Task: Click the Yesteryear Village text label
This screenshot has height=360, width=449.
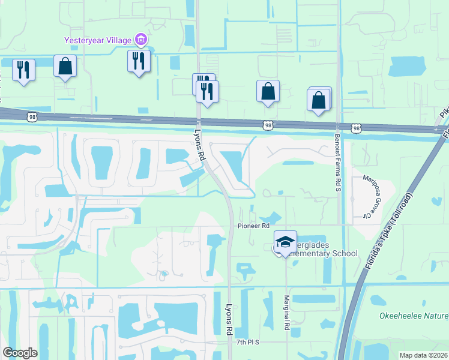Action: coord(98,41)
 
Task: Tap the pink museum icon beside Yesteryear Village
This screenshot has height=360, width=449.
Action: coord(141,41)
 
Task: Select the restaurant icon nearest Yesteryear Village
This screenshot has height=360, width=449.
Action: coord(139,61)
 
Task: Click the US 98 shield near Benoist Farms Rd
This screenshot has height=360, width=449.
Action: coord(357,128)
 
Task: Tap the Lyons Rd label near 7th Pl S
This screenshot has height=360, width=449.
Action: coord(229,318)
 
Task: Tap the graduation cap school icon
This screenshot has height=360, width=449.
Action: coord(285,241)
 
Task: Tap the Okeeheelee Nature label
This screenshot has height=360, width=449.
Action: coord(414,316)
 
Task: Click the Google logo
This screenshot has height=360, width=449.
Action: coord(20,353)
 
